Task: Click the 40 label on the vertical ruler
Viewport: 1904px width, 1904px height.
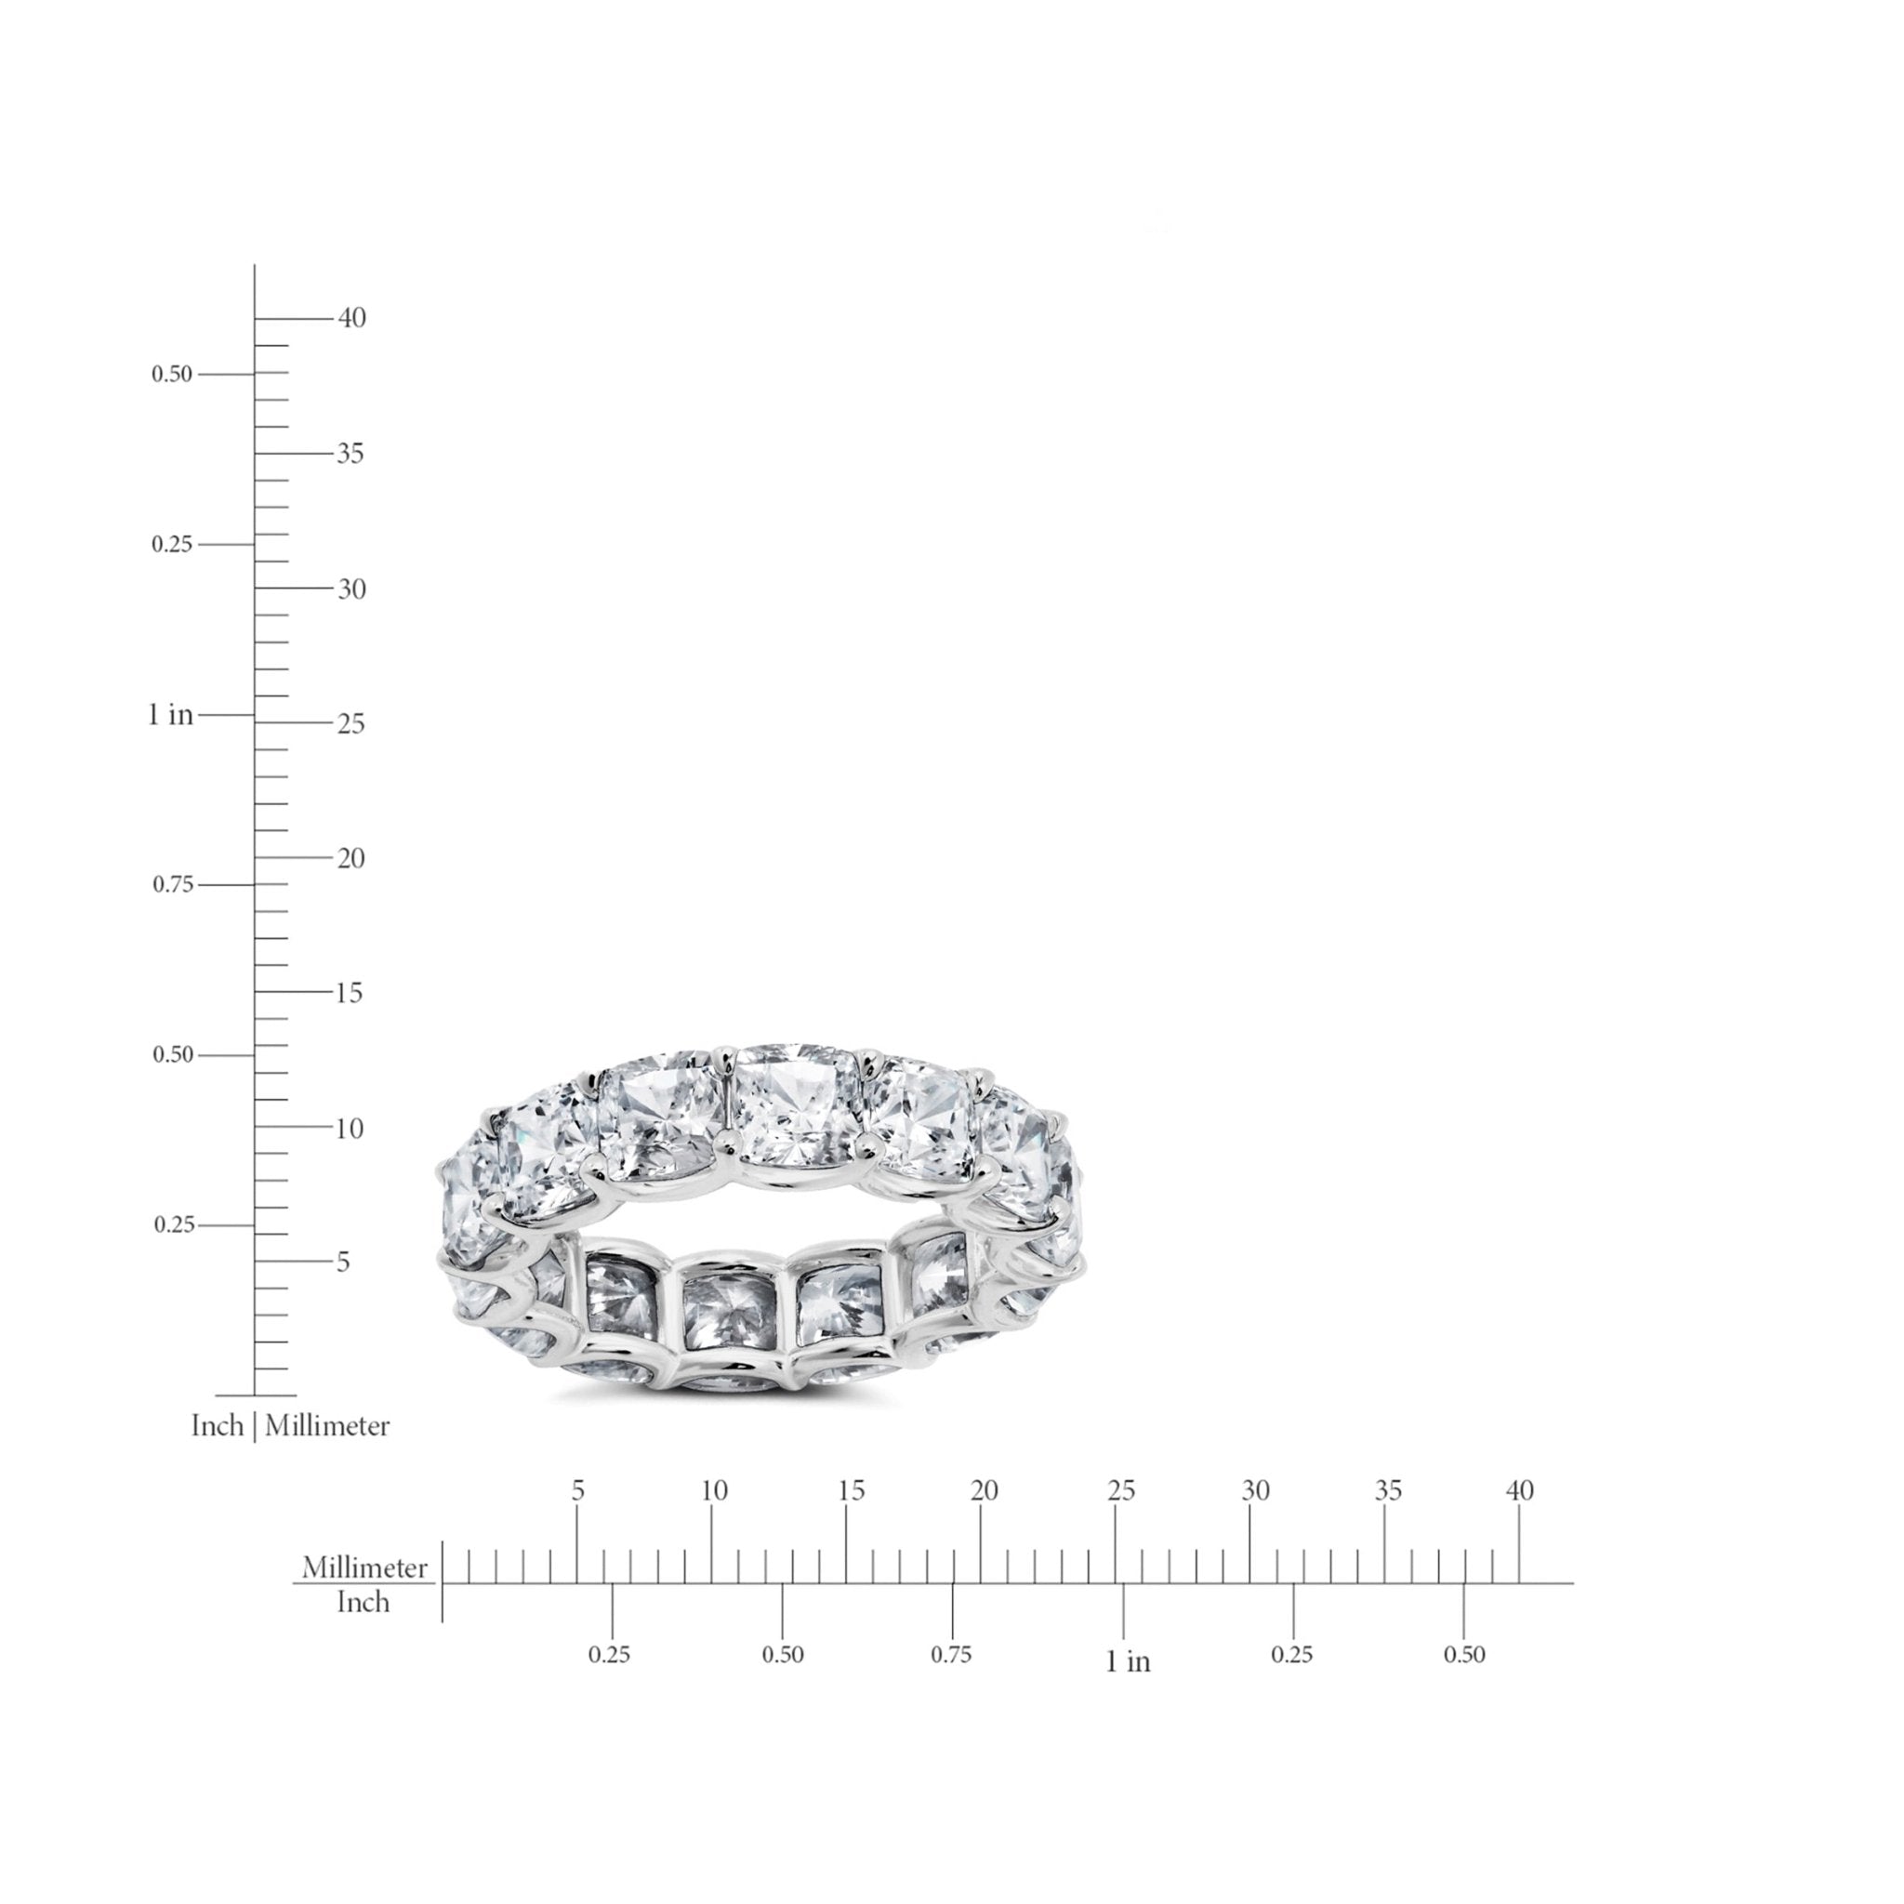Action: [351, 317]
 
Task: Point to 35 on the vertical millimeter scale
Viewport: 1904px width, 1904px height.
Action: [350, 454]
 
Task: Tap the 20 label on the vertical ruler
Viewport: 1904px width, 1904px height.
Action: [350, 858]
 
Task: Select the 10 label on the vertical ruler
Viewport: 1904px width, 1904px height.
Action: [349, 1129]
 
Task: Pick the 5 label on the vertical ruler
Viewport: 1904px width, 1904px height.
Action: [343, 1263]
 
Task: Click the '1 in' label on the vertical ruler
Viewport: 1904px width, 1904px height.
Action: [170, 715]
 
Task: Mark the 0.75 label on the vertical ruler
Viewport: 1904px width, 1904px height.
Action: [173, 885]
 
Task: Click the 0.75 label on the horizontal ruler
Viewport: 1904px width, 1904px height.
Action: [951, 1655]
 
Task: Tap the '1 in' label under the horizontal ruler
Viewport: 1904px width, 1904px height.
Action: [1128, 1661]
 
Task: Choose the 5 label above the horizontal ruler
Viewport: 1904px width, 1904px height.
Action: [577, 1491]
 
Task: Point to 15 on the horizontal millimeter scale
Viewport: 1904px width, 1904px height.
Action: [852, 1491]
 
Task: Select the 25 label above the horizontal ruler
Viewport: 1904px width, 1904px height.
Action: [1121, 1491]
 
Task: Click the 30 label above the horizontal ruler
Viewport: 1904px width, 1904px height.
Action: [1255, 1491]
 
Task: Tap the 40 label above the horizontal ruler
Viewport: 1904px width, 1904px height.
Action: [1521, 1491]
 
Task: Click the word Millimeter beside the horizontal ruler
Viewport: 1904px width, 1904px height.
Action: [364, 1568]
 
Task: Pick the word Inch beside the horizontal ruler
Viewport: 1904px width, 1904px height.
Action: [364, 1603]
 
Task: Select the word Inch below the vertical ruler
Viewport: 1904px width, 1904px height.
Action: [217, 1426]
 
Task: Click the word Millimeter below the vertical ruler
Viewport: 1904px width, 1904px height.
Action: [327, 1426]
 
